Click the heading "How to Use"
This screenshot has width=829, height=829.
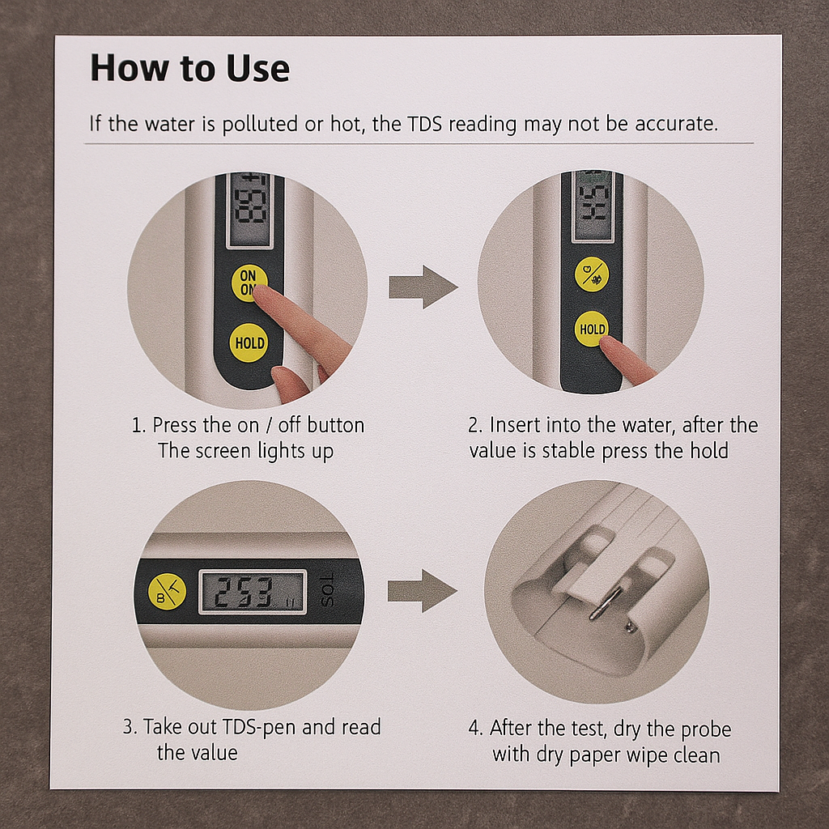[x=189, y=68]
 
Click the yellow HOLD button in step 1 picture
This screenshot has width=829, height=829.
[x=249, y=342]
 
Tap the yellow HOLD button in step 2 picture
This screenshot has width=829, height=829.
[x=592, y=329]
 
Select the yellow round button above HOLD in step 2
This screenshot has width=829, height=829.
[x=592, y=274]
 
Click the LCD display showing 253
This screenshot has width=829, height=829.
[x=253, y=592]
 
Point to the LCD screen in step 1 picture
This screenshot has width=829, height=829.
[x=250, y=210]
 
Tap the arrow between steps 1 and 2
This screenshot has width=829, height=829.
[x=423, y=287]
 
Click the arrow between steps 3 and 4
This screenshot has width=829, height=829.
[x=422, y=590]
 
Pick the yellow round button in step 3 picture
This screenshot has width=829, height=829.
[x=167, y=590]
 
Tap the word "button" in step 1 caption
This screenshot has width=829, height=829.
[x=336, y=425]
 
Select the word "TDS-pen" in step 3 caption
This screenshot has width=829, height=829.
[x=257, y=728]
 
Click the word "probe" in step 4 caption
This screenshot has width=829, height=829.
[x=705, y=730]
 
